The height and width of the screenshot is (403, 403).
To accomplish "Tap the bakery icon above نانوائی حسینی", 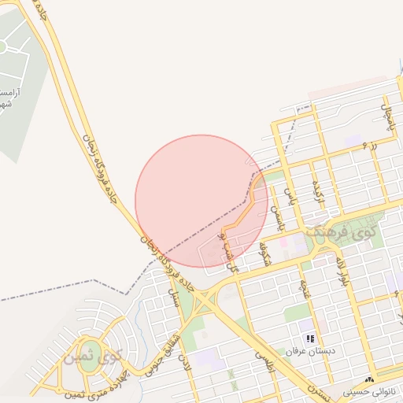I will (370, 379).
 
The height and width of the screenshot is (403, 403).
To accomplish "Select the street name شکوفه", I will (265, 253).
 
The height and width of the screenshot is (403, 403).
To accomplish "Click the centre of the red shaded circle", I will (201, 201).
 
